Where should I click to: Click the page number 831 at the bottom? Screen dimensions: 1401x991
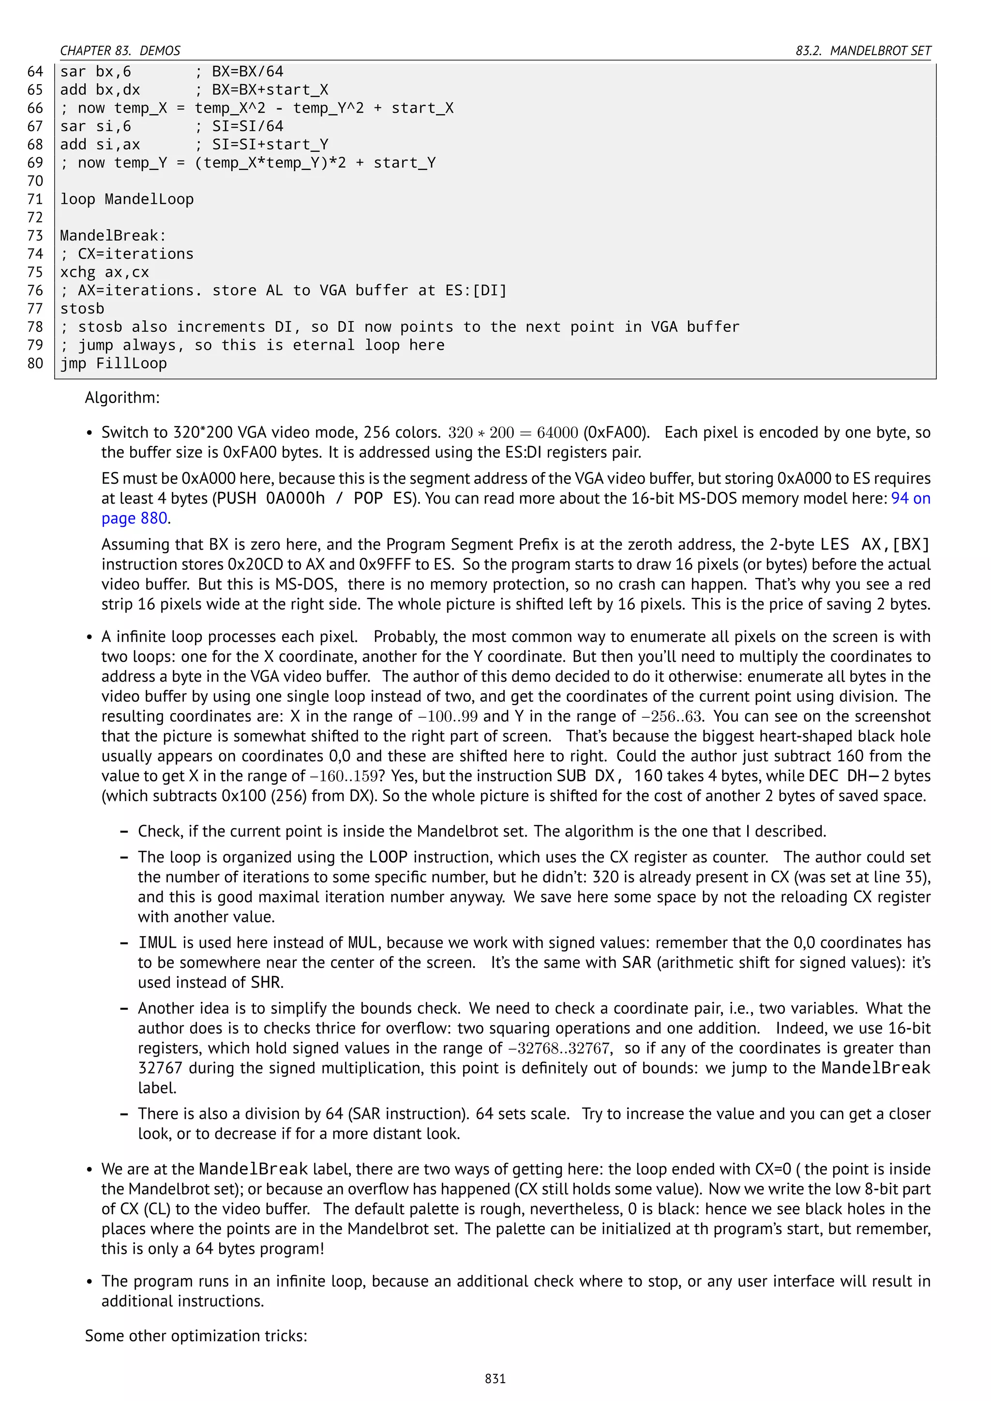pyautogui.click(x=495, y=1378)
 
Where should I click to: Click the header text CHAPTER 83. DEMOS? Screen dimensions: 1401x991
pyautogui.click(x=120, y=51)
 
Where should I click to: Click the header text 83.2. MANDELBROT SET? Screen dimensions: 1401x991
pyautogui.click(x=863, y=51)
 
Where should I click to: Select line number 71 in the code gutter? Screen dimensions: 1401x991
pyautogui.click(x=35, y=199)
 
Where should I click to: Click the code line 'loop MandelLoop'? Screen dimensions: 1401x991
pyautogui.click(x=127, y=199)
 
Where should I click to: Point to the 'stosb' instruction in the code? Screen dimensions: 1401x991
pyautogui.click(x=82, y=309)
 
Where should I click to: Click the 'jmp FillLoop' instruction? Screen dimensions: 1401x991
pyautogui.click(x=114, y=364)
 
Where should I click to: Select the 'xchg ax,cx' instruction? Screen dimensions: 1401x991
pyautogui.click(x=105, y=272)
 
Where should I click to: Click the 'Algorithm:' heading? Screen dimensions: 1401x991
pyautogui.click(x=122, y=398)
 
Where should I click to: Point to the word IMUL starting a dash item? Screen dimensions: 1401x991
pyautogui.click(x=157, y=943)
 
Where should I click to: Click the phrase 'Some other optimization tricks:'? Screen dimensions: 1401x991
pyautogui.click(x=196, y=1336)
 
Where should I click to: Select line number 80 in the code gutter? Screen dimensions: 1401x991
pyautogui.click(x=35, y=364)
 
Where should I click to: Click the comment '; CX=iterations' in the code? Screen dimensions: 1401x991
pyautogui.click(x=127, y=254)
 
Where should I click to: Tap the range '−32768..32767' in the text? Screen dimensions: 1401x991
pyautogui.click(x=559, y=1048)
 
